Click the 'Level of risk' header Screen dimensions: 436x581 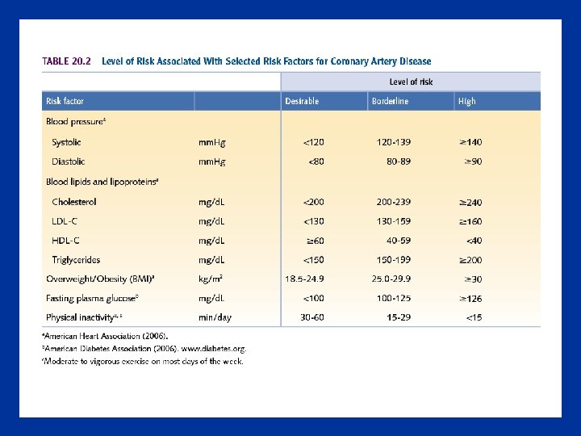point(411,82)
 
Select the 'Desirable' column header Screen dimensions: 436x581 point(302,102)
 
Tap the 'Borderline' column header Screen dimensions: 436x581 point(390,102)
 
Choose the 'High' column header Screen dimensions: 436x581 point(466,102)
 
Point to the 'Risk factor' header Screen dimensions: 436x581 point(65,102)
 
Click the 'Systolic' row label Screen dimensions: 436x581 point(66,142)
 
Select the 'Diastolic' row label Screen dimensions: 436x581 point(69,161)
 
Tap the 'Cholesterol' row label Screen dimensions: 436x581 point(73,201)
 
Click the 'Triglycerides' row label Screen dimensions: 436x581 point(76,259)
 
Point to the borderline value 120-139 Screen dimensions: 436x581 point(394,142)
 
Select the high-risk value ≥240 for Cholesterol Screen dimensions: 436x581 point(470,201)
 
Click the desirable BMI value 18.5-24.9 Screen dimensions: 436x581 point(304,279)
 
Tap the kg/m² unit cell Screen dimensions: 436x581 point(211,279)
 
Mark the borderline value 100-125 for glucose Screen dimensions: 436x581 point(394,298)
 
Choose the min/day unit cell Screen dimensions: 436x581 point(215,317)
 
